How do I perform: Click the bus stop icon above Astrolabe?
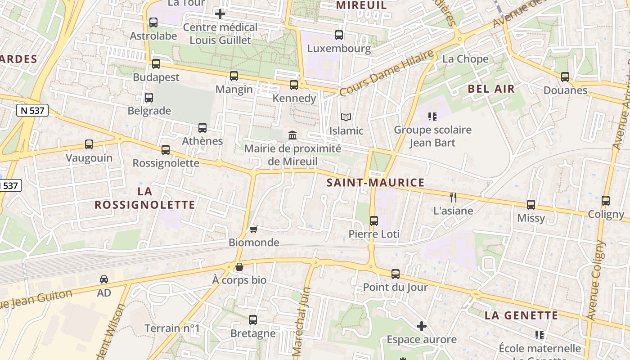pos(153,22)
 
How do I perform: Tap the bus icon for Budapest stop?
pos(156,64)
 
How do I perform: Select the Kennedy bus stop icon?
pos(294,85)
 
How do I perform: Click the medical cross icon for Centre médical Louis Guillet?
pos(220,14)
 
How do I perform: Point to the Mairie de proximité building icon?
pos(292,135)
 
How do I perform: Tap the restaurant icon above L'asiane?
pos(453,197)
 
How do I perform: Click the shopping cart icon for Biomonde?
pos(253,229)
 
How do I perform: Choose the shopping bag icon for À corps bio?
pos(239,267)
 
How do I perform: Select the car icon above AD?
pos(104,279)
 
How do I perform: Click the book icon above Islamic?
pos(346,117)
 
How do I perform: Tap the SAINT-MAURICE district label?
pos(375,183)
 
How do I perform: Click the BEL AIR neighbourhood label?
pos(491,89)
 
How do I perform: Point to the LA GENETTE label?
pos(521,315)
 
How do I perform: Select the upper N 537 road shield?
pos(32,110)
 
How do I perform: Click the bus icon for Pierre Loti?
pos(374,221)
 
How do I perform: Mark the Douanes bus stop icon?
pos(565,77)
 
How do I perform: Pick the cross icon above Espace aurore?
pos(422,326)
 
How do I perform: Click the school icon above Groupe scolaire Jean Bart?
pos(432,117)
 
